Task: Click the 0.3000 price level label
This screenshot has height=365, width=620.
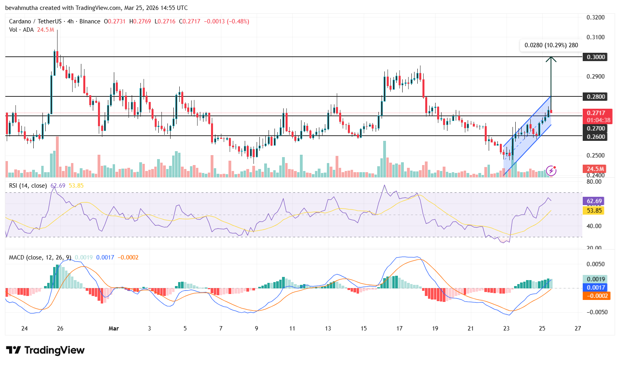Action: pyautogui.click(x=596, y=57)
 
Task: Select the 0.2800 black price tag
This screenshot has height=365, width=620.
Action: pyautogui.click(x=596, y=96)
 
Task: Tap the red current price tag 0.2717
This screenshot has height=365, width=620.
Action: pyautogui.click(x=596, y=113)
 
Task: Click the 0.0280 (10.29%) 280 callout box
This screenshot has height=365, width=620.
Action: pyautogui.click(x=551, y=45)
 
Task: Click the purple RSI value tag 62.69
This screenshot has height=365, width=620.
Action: pyautogui.click(x=594, y=201)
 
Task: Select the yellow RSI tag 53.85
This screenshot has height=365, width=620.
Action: pyautogui.click(x=594, y=211)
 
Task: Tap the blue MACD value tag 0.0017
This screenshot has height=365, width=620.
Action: pyautogui.click(x=595, y=288)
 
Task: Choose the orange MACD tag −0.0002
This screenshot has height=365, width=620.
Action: pyautogui.click(x=595, y=296)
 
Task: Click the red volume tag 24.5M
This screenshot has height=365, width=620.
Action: pyautogui.click(x=595, y=169)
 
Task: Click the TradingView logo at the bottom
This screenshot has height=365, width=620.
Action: pyautogui.click(x=45, y=350)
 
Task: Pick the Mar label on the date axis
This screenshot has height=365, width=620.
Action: pyautogui.click(x=113, y=328)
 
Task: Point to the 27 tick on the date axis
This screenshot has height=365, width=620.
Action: pyautogui.click(x=578, y=328)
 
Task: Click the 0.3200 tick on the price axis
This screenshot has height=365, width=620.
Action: pyautogui.click(x=595, y=17)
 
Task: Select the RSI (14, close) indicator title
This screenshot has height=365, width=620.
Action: pyautogui.click(x=28, y=186)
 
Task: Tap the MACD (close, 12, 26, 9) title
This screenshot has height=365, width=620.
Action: pyautogui.click(x=40, y=257)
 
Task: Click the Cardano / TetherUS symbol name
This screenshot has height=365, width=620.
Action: pyautogui.click(x=35, y=21)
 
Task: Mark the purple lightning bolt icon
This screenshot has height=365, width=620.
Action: pyautogui.click(x=551, y=171)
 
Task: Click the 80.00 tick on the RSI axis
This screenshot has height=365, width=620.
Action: pyautogui.click(x=594, y=182)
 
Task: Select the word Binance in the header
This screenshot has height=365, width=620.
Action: pyautogui.click(x=90, y=21)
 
